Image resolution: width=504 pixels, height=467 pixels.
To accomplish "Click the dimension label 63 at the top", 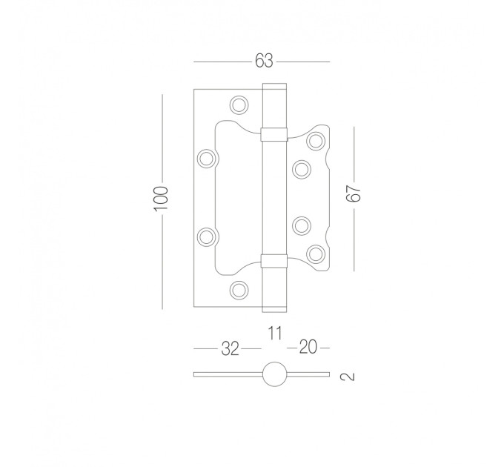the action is (264, 61).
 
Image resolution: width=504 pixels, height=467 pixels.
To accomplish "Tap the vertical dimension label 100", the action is (162, 199).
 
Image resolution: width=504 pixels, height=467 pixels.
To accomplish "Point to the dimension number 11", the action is (275, 333).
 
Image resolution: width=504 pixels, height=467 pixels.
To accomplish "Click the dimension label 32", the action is (231, 348).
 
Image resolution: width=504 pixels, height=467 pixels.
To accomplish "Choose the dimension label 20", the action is (308, 347).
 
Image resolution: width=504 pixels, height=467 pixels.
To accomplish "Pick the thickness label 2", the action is (347, 376).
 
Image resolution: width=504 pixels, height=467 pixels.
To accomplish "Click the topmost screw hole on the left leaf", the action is (239, 105).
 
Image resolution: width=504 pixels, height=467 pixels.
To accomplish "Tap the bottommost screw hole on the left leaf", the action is (239, 291).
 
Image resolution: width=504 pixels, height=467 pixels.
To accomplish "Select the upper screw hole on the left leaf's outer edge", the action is (206, 159).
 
